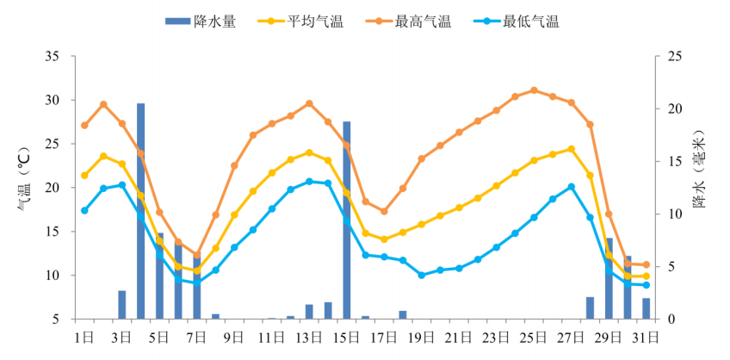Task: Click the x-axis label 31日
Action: pos(646,336)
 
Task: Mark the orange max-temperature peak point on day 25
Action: pos(535,90)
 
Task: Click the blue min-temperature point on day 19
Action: pos(422,275)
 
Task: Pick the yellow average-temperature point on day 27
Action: pos(572,149)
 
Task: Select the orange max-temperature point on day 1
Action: pos(84,125)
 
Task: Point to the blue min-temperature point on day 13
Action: pos(309,181)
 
